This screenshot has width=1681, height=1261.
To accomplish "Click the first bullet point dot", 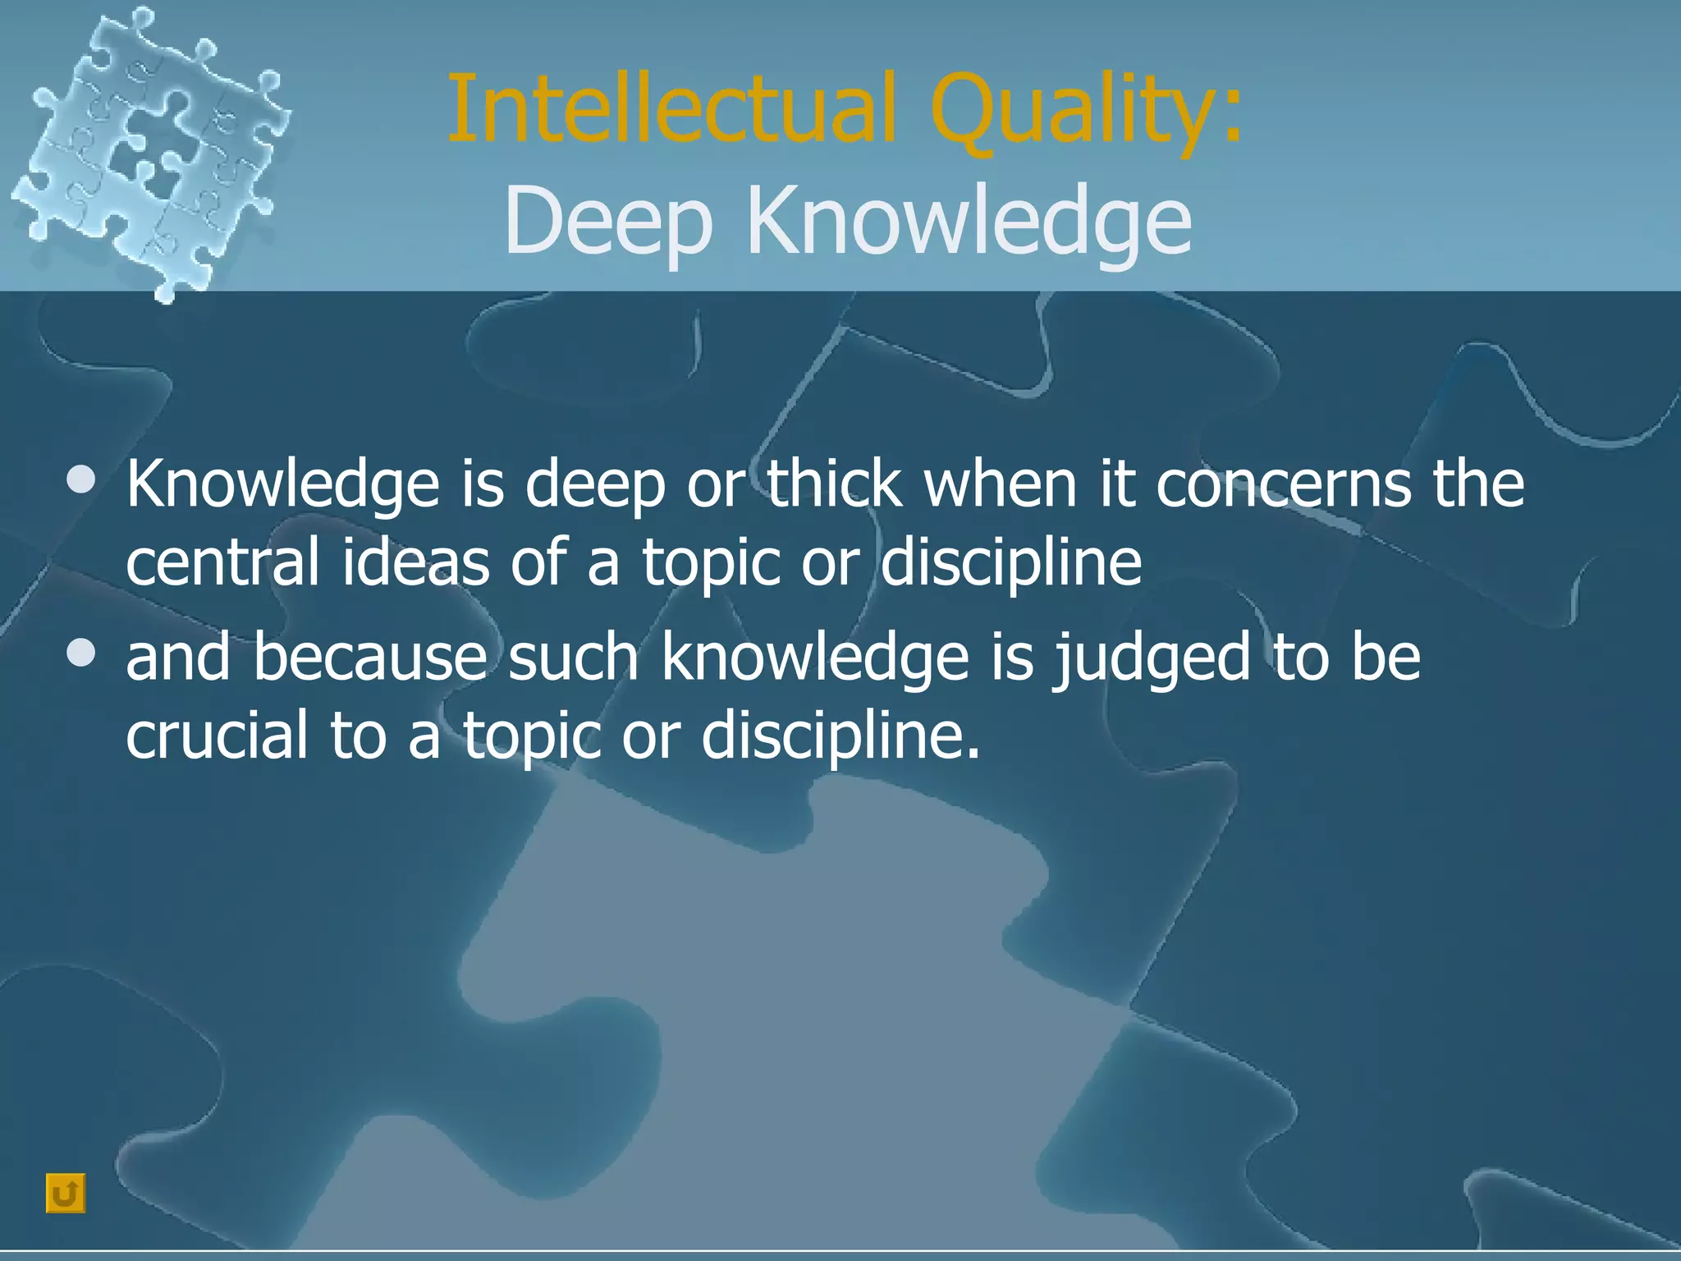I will coord(82,480).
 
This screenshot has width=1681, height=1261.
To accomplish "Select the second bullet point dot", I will coord(82,654).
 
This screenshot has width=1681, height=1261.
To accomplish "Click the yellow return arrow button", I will coord(66,1193).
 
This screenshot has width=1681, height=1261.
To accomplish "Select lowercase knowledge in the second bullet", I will coord(815,658).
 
